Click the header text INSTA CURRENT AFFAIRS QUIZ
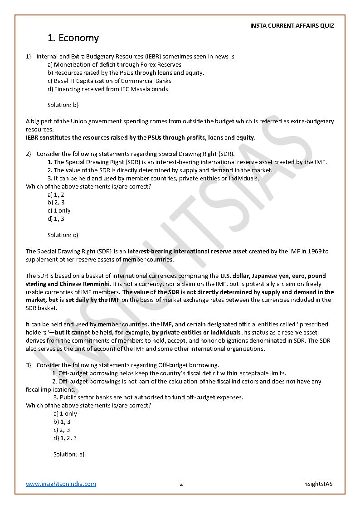292,26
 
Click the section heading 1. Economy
73,38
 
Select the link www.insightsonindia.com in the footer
61,484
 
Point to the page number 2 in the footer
181,484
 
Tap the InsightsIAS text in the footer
318,484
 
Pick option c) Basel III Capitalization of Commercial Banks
109,81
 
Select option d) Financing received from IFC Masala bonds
108,89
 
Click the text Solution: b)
63,105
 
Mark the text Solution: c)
63,235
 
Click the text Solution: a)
69,454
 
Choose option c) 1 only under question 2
59,211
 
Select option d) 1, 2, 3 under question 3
65,438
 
